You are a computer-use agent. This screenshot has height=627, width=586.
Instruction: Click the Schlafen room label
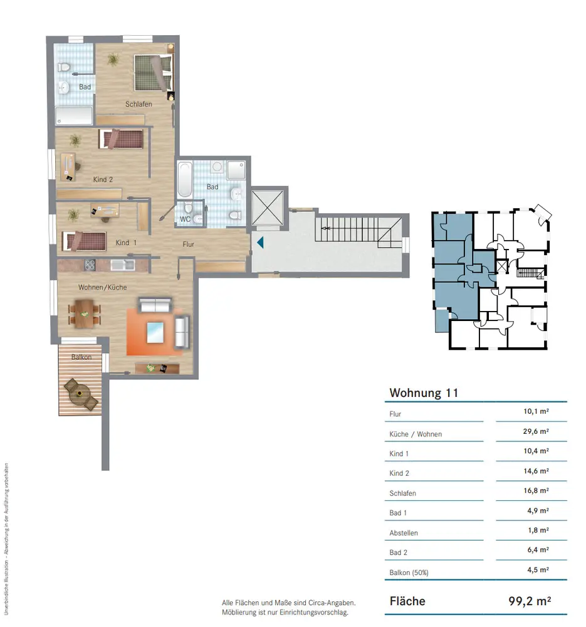139,104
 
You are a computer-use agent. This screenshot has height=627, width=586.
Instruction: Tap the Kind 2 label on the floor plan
103,179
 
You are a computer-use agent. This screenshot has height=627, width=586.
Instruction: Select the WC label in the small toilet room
185,219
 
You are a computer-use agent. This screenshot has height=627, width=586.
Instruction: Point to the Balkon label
81,357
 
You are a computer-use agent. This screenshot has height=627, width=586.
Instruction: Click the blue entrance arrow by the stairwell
260,242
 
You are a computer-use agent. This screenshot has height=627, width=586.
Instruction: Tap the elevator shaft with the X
268,208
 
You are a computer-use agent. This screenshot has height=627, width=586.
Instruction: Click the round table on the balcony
80,394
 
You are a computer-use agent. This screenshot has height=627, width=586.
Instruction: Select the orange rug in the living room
155,332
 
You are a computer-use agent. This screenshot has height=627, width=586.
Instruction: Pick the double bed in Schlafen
154,73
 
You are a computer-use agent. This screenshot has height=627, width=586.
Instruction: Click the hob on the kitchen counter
90,265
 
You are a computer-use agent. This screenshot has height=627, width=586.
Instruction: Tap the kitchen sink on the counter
123,265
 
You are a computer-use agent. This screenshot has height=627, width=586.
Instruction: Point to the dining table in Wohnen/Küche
85,314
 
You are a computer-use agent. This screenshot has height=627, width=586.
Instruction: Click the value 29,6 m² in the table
536,431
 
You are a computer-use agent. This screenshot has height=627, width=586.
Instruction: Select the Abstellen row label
404,533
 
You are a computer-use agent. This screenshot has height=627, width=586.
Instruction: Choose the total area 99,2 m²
530,601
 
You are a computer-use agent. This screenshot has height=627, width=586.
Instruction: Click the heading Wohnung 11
424,393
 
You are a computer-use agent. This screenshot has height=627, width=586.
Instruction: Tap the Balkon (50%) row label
409,572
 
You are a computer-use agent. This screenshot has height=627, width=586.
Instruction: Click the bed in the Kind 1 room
84,241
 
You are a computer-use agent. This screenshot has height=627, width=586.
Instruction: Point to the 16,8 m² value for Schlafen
536,491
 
